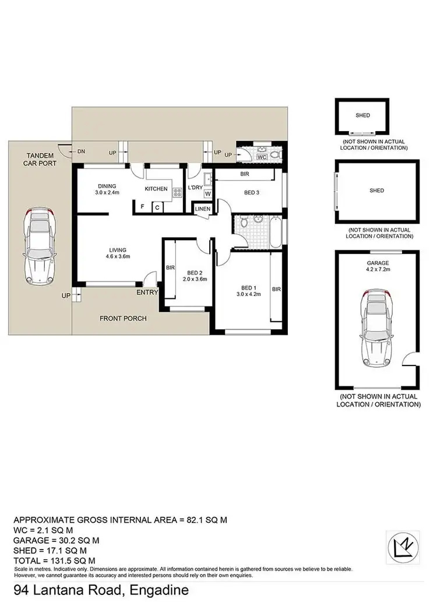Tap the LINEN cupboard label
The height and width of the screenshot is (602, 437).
point(202,209)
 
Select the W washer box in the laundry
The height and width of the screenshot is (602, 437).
point(207,194)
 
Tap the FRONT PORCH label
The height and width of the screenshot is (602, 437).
point(123,318)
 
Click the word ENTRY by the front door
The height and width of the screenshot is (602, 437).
point(147,292)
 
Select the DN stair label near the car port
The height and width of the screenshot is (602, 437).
point(82,152)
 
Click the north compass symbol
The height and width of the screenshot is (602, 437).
point(403,546)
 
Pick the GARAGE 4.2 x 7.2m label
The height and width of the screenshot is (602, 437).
point(376,267)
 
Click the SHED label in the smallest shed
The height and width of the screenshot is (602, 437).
point(362,115)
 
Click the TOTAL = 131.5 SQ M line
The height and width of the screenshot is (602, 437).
point(54,559)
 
